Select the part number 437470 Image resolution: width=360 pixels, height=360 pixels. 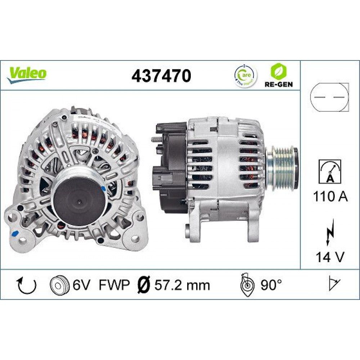161,76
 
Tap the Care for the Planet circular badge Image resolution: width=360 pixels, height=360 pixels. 246,75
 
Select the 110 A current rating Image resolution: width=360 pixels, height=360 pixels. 330,197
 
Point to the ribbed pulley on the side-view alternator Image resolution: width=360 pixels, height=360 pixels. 282,165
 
